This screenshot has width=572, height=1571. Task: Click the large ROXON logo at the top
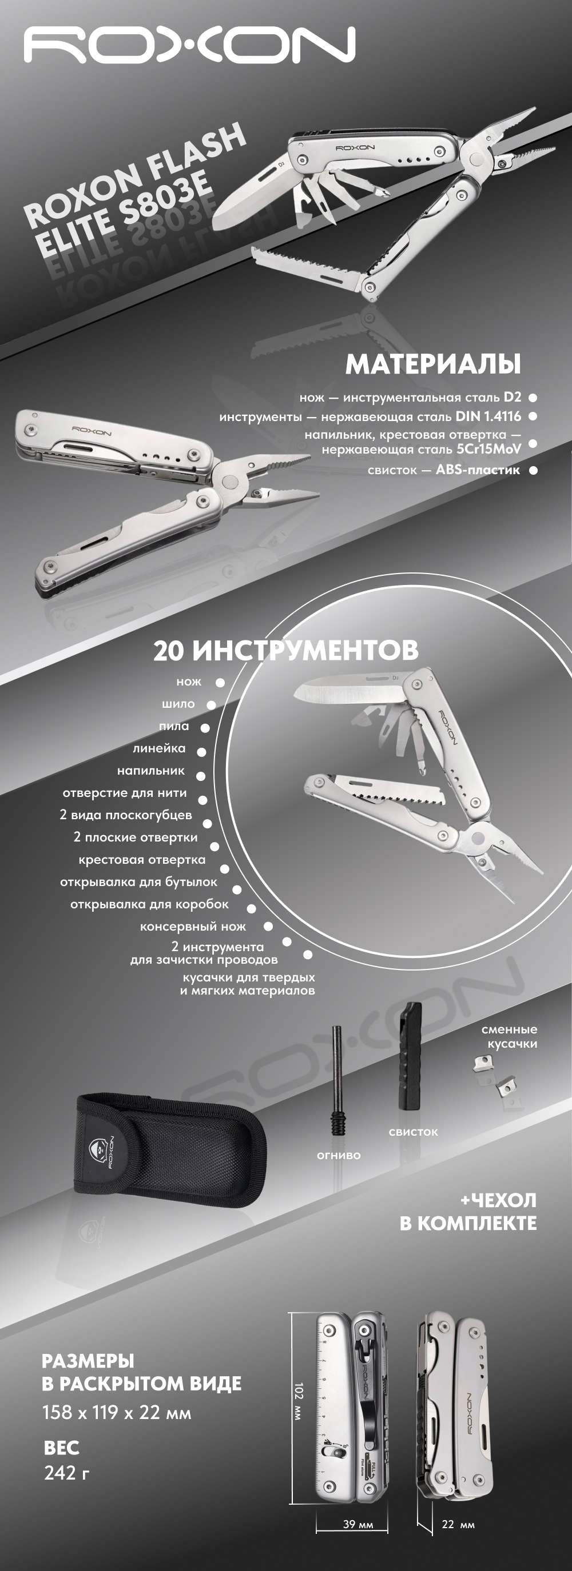click(189, 46)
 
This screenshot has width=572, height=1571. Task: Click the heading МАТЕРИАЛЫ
click(433, 364)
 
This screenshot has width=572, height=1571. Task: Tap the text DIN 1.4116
click(488, 416)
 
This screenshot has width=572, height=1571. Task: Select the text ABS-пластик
click(478, 470)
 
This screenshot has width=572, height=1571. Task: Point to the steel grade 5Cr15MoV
click(488, 450)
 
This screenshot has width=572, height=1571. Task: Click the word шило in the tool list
click(178, 704)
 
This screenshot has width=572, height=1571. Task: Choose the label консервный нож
click(193, 927)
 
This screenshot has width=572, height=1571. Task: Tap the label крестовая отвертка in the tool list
click(142, 859)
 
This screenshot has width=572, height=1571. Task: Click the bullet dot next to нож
click(220, 683)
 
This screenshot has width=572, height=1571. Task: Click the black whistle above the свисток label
click(410, 1055)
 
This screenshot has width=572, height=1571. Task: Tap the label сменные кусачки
click(509, 1036)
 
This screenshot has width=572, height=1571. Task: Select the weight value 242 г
click(67, 1473)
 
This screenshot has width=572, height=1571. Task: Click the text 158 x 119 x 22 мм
click(117, 1412)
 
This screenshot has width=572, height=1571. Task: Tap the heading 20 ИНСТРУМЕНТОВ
click(285, 651)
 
